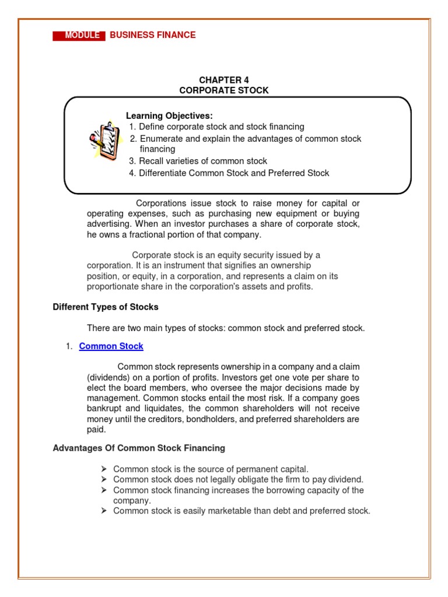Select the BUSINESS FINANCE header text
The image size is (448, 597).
click(153, 35)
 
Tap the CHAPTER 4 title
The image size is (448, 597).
click(224, 80)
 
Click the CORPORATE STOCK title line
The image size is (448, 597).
click(224, 90)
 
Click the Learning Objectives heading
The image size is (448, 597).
click(169, 116)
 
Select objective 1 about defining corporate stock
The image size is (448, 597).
click(216, 127)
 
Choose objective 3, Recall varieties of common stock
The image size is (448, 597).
click(198, 161)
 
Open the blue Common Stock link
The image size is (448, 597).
click(111, 346)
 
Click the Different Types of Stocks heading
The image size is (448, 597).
click(106, 307)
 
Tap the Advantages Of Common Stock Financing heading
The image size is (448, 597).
click(139, 448)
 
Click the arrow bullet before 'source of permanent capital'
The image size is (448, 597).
click(103, 469)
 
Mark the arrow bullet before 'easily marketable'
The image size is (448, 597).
click(103, 511)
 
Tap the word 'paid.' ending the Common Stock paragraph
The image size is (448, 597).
click(96, 430)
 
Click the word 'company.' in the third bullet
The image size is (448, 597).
click(132, 500)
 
